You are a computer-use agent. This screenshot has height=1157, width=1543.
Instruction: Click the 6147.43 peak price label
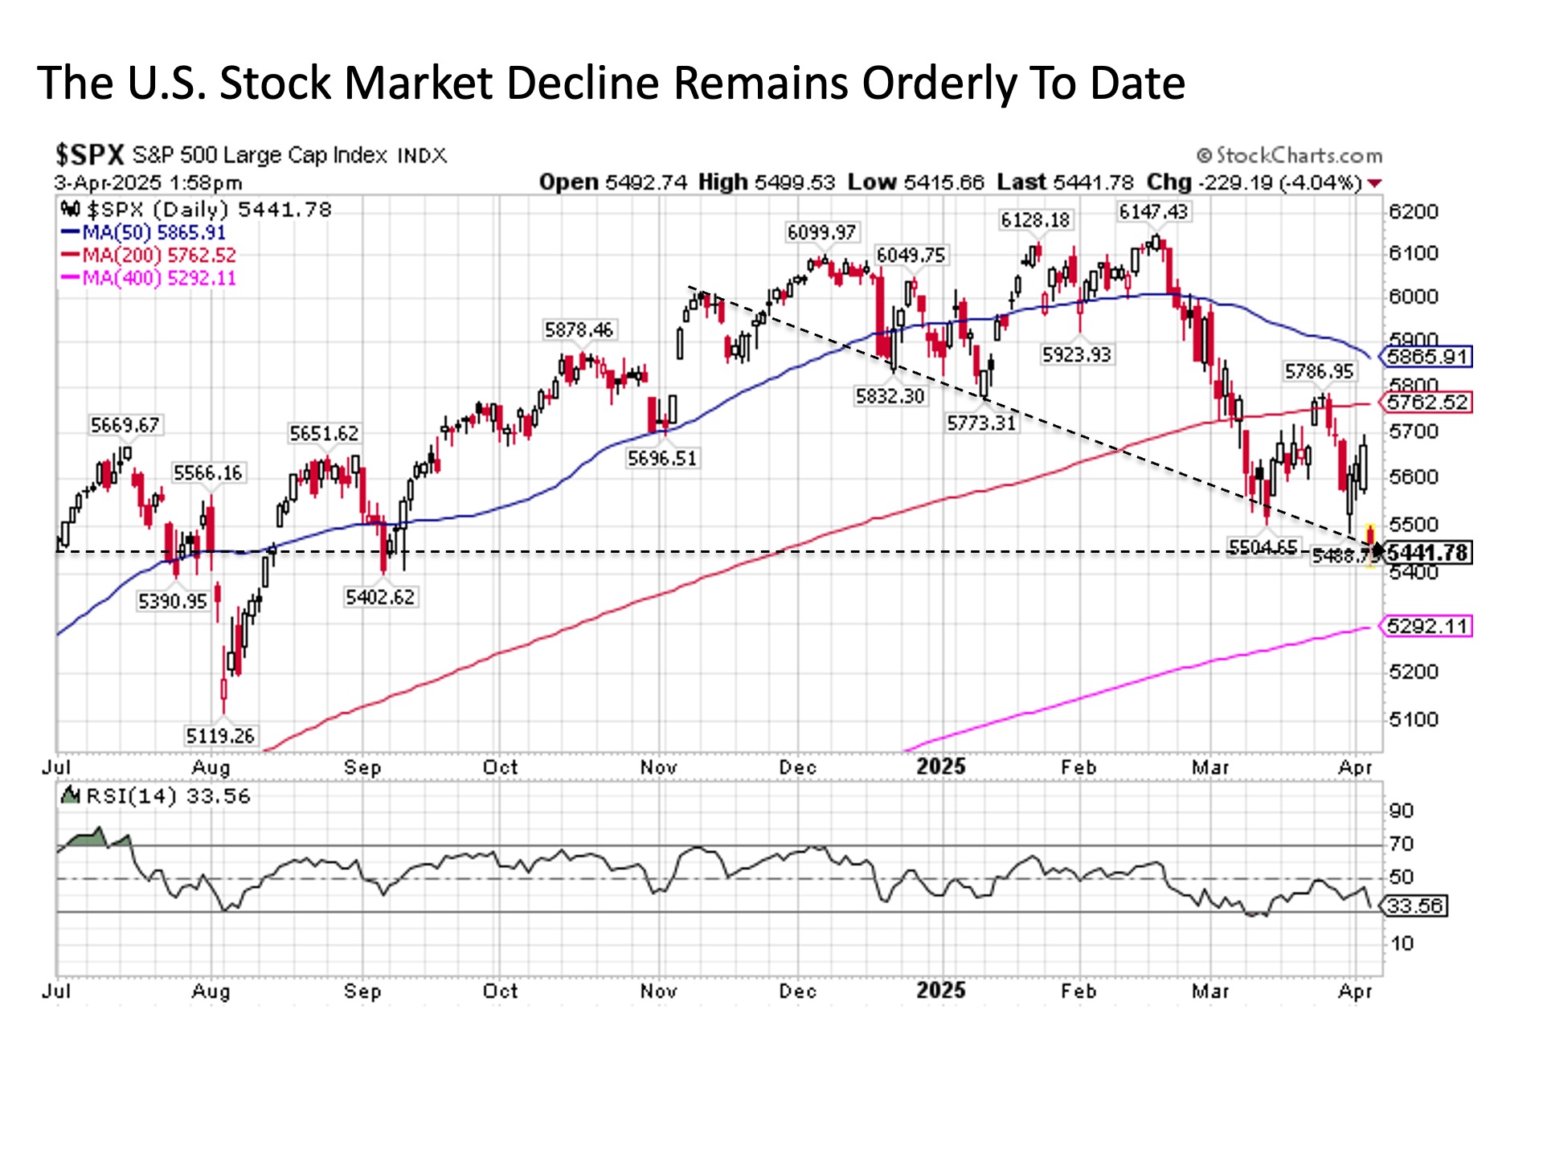[x=1153, y=212]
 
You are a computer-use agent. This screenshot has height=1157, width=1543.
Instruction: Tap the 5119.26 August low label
[x=219, y=735]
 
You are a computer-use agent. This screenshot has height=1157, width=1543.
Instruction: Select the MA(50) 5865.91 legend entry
[x=145, y=233]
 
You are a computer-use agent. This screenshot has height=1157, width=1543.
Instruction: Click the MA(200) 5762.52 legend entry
[x=149, y=256]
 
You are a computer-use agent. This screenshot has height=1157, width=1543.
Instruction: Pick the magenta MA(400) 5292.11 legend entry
[x=149, y=278]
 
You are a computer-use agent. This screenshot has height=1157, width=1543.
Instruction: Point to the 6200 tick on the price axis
[x=1413, y=212]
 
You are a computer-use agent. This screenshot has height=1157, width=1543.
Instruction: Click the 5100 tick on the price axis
[x=1413, y=719]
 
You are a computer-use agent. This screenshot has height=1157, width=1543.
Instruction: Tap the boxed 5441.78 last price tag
[x=1427, y=553]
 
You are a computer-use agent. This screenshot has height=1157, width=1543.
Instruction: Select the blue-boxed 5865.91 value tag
[x=1426, y=357]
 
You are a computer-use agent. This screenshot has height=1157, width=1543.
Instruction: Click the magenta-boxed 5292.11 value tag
[x=1426, y=626]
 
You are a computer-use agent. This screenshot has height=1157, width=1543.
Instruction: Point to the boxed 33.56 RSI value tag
[x=1415, y=906]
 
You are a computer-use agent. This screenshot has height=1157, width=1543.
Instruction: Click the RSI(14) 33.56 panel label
[x=158, y=796]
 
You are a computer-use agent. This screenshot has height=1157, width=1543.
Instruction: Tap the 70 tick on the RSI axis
[x=1401, y=844]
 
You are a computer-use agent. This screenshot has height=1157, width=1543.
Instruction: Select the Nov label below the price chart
[x=658, y=767]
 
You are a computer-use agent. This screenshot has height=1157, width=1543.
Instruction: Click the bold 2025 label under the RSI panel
[x=940, y=991]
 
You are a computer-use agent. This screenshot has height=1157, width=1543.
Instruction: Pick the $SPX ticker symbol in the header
[x=89, y=154]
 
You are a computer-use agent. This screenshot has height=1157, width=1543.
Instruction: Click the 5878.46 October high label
[x=578, y=329]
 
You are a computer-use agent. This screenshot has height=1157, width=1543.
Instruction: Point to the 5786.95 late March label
[x=1319, y=371]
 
